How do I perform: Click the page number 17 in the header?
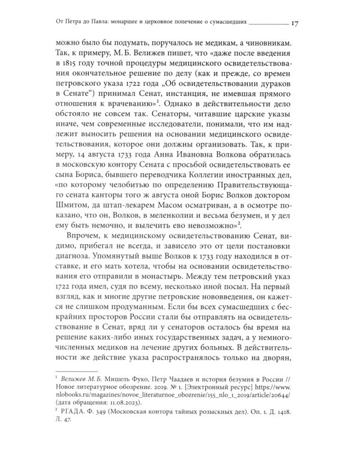click(x=295, y=23)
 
